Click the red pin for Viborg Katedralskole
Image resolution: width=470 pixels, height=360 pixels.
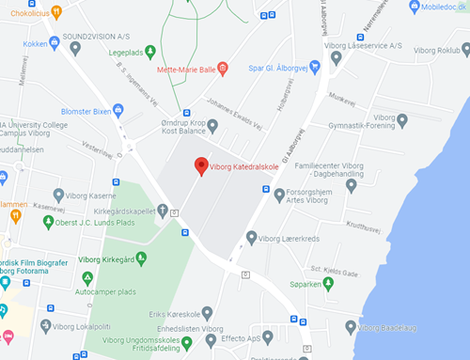click(200, 165)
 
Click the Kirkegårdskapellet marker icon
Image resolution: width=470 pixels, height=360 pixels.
click(163, 210)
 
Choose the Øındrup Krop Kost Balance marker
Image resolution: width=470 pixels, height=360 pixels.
click(212, 126)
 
